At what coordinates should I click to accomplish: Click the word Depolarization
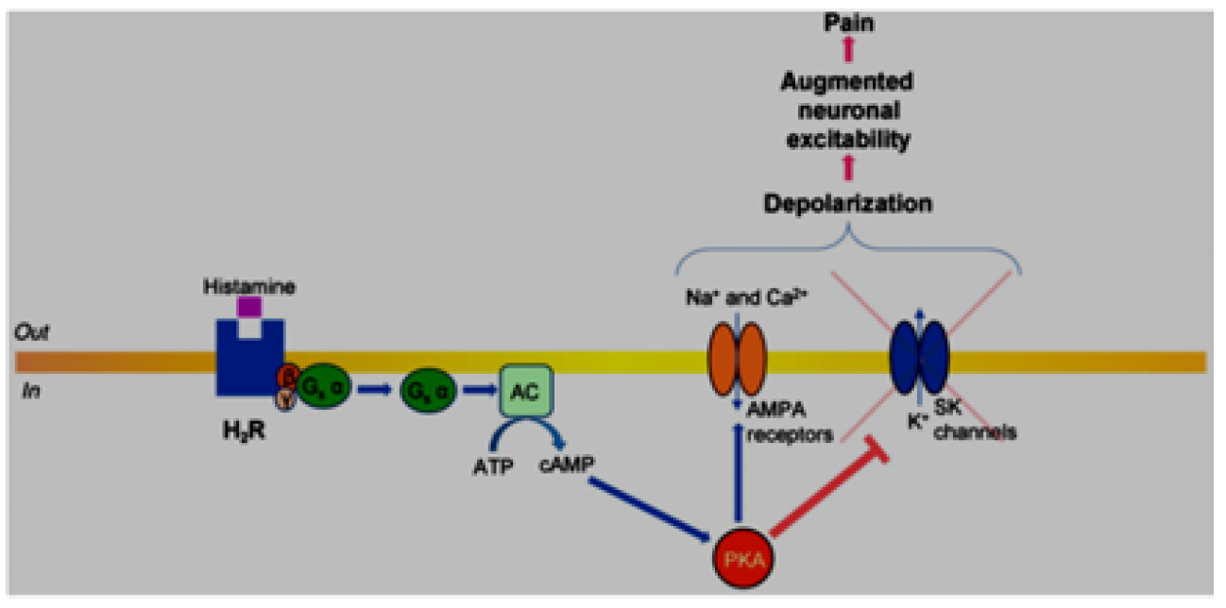pyautogui.click(x=847, y=202)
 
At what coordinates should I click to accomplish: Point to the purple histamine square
pyautogui.click(x=249, y=307)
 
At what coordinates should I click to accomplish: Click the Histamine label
pyautogui.click(x=248, y=284)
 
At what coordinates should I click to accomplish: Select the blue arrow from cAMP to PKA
pyautogui.click(x=651, y=511)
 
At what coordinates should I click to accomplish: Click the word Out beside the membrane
pyautogui.click(x=34, y=332)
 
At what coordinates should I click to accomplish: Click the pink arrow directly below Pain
pyautogui.click(x=847, y=52)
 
